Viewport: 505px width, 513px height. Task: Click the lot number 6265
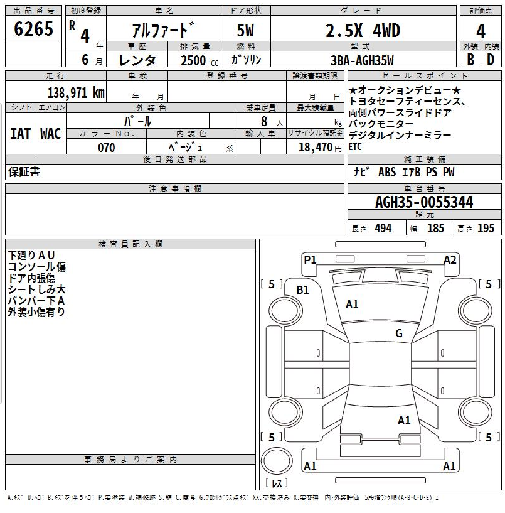coord(33,29)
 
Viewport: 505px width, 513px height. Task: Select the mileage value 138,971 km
coord(76,92)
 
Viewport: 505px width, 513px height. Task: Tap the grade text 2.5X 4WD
coord(363,31)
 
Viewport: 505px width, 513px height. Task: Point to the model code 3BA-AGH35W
coord(362,60)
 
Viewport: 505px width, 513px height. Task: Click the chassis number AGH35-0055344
coord(424,202)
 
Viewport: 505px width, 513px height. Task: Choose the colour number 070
coord(107,148)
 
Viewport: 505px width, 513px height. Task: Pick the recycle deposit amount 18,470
coord(316,147)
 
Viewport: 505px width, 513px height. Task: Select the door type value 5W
coord(245,30)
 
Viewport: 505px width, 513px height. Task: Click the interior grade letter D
coord(491,60)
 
